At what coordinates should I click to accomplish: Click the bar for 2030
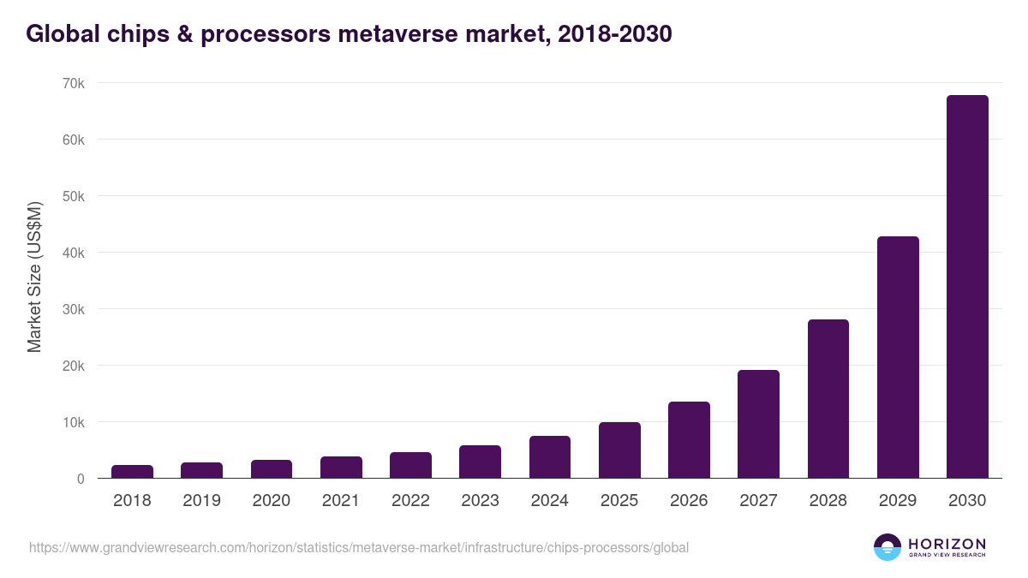click(x=967, y=287)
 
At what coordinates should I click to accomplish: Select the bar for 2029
click(x=898, y=357)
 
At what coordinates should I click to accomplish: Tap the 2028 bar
click(x=828, y=399)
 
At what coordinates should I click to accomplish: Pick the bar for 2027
click(x=758, y=424)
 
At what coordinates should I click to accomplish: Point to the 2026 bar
click(x=689, y=440)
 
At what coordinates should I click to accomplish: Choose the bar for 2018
click(x=132, y=472)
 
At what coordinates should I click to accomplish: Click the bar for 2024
click(x=550, y=457)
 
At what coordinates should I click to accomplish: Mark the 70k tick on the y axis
click(x=73, y=83)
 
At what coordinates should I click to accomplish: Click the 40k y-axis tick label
click(x=73, y=253)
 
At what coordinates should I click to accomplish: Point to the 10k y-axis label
click(x=73, y=422)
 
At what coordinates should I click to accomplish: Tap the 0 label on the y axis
click(x=81, y=479)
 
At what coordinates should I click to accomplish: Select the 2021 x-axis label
click(x=341, y=501)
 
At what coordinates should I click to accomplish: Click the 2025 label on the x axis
click(x=619, y=501)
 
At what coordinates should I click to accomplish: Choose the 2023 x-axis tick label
click(x=480, y=501)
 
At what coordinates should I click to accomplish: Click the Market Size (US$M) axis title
click(x=34, y=277)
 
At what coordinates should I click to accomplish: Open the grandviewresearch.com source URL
click(x=359, y=547)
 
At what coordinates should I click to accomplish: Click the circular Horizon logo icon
click(x=888, y=547)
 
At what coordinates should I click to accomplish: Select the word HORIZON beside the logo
click(x=947, y=544)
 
